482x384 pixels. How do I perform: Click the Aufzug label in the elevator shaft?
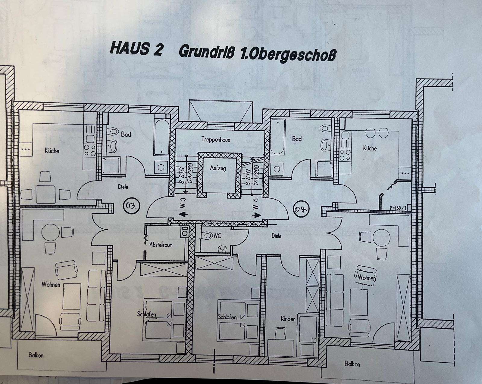[218, 168]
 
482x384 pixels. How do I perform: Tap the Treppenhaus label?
[216, 140]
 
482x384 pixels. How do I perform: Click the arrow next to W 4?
[257, 215]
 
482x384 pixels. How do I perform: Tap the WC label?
[218, 236]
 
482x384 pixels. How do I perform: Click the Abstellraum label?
[161, 245]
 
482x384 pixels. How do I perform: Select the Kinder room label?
[288, 319]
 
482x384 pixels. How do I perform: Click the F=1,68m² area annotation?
[397, 207]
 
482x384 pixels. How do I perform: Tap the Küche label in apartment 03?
[52, 150]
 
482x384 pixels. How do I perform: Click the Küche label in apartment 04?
[370, 148]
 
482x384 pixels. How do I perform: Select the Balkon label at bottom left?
[36, 355]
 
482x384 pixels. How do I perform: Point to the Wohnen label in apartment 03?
[51, 284]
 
